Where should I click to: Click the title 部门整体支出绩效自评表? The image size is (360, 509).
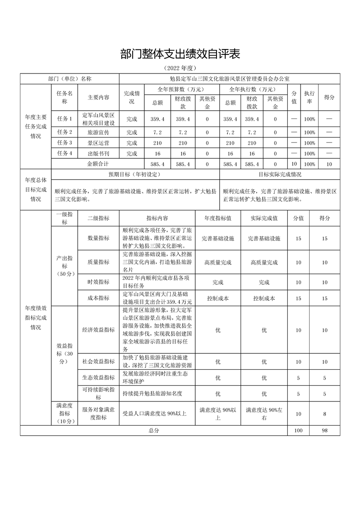(x=180, y=54)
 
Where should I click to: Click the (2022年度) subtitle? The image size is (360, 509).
(x=180, y=68)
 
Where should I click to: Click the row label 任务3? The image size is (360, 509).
(x=64, y=143)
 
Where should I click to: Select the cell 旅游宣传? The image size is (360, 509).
(x=99, y=132)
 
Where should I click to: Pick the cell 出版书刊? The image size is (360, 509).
(x=99, y=153)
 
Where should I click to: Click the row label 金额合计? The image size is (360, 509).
(x=98, y=163)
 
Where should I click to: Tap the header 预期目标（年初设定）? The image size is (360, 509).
(x=135, y=174)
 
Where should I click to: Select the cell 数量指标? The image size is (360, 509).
(x=99, y=238)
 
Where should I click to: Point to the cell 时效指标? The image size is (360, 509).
(x=99, y=282)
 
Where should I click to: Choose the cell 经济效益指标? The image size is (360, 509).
(x=99, y=330)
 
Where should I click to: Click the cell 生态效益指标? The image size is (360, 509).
(x=99, y=377)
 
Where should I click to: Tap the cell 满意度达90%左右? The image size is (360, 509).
(x=264, y=414)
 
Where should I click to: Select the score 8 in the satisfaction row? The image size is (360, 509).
(x=325, y=414)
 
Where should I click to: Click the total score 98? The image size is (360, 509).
(x=325, y=431)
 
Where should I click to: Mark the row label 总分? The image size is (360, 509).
(x=154, y=431)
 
